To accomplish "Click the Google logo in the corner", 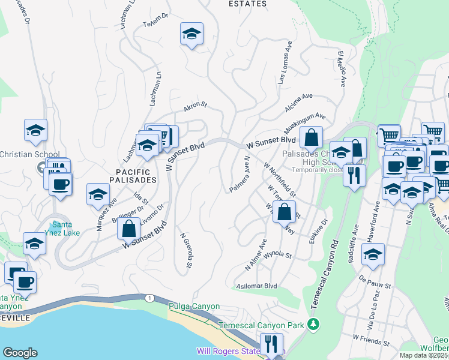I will [x=20, y=353].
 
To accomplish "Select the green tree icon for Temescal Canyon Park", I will [x=312, y=325].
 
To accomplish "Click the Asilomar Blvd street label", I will [x=257, y=286].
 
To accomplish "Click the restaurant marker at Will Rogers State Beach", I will [x=272, y=344].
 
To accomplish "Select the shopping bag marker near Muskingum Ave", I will [x=312, y=137].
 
